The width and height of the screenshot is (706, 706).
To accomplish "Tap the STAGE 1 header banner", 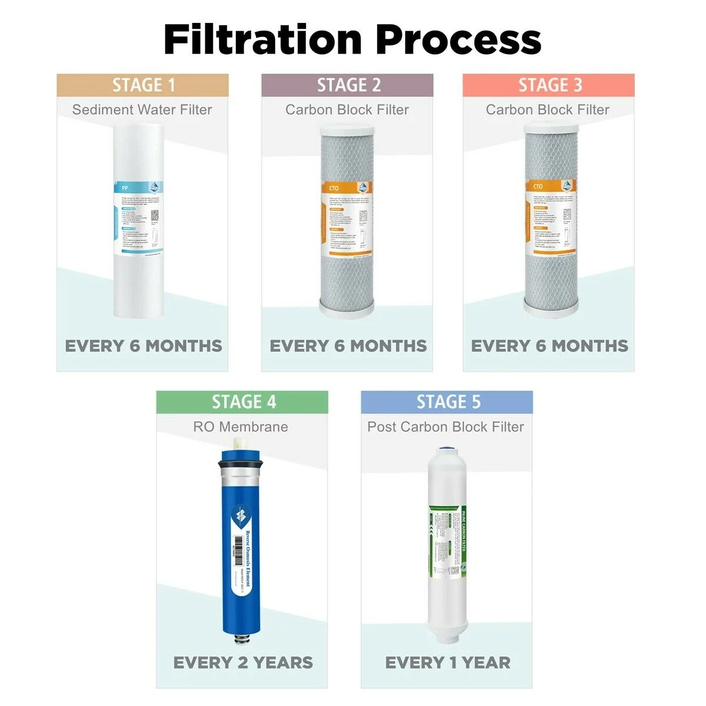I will [142, 85].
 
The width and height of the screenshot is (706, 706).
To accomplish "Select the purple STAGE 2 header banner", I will [347, 85].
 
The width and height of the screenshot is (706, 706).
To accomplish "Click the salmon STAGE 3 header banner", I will [548, 85].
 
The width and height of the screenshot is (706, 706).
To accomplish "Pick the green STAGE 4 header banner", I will [242, 402].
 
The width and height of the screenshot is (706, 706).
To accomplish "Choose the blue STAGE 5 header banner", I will [447, 402].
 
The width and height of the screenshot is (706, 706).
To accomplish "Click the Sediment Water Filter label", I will [142, 109].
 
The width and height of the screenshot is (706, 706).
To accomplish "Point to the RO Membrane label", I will [241, 427].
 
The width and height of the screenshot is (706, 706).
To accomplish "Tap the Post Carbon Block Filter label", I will [446, 427].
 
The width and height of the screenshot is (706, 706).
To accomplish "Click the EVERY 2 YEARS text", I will [243, 662].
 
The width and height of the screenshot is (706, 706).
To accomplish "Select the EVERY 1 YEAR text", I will [448, 662].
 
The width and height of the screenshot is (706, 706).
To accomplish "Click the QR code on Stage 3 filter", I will [567, 215].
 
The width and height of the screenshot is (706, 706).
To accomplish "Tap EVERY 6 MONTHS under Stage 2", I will [348, 346].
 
